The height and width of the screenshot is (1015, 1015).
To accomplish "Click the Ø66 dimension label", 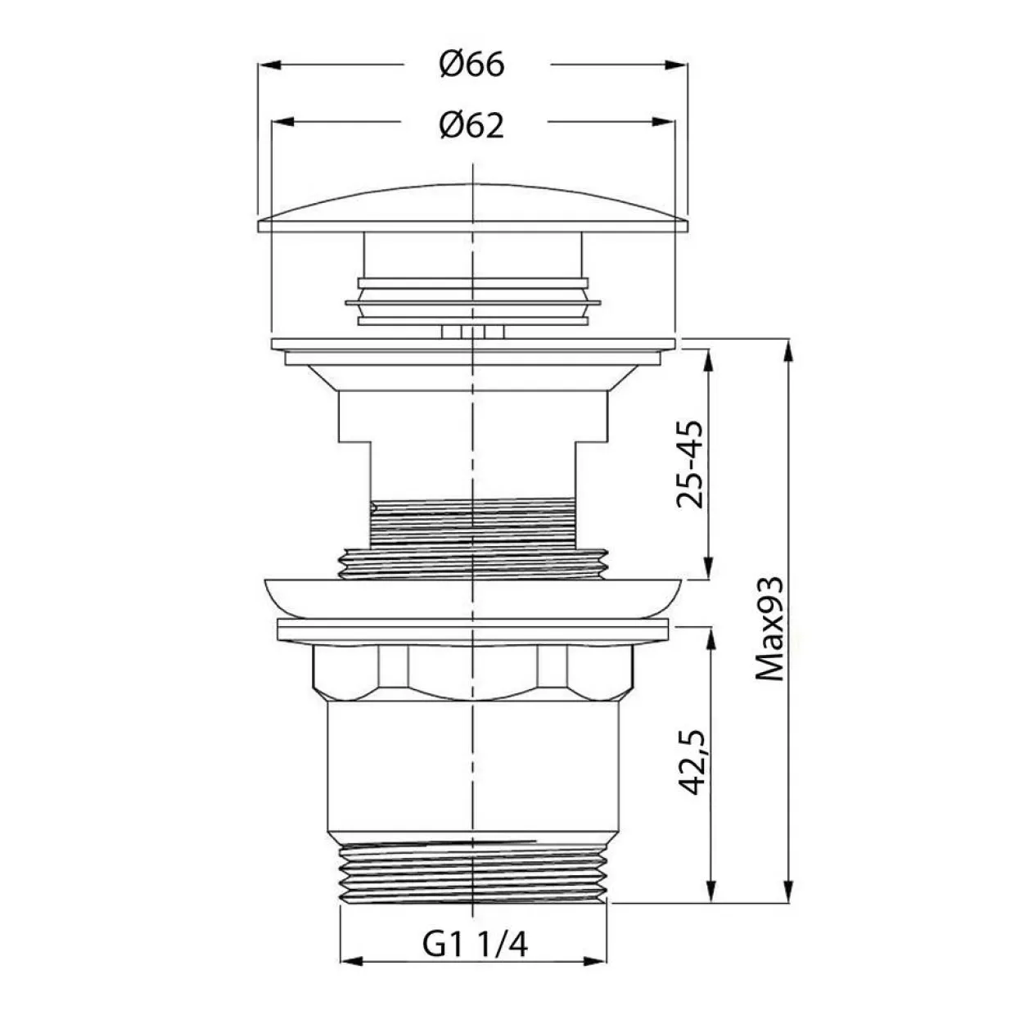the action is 472,65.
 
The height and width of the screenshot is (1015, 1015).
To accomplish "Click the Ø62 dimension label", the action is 472,125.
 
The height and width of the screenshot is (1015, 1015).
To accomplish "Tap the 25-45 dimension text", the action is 689,465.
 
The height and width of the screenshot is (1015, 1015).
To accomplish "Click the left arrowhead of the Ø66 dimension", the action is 268,65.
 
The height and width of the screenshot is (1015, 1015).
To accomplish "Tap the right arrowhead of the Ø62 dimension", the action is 664,122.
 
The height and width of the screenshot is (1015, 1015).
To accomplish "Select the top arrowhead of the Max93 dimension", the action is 788,350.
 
